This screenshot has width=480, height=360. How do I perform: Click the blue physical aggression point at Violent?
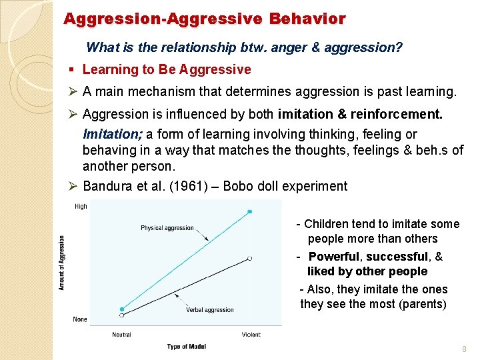(250, 211)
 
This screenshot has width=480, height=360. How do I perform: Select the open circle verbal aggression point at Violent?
(249, 258)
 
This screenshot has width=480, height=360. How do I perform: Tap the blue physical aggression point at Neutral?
(122, 309)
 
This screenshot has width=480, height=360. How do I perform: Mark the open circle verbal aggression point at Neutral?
(121, 315)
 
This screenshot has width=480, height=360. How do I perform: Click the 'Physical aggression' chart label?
(167, 228)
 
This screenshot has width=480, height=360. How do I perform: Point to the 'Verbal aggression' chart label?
(209, 309)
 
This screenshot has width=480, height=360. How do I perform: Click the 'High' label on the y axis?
(81, 207)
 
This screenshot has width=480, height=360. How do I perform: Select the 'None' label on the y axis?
(80, 320)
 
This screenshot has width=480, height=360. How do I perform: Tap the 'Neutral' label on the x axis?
(121, 335)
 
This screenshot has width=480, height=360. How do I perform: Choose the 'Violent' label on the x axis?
(250, 335)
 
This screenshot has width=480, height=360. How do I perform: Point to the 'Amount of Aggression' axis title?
(62, 263)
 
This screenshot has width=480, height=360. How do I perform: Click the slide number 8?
(464, 349)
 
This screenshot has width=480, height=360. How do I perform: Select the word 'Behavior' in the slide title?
(307, 19)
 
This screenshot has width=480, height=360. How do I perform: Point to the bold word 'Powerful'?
(335, 257)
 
